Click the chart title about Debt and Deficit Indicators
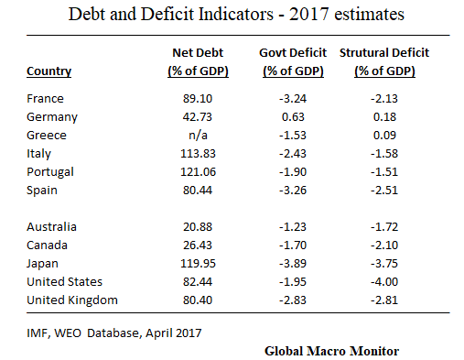[x=232, y=16]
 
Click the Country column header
[x=49, y=71]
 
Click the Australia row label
[x=53, y=226]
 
